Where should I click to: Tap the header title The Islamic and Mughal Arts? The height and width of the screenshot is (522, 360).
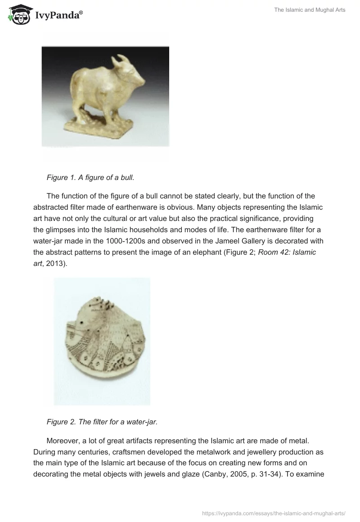310,10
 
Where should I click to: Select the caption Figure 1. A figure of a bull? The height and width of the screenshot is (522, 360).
90,178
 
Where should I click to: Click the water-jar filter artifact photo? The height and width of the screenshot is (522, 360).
102,342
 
